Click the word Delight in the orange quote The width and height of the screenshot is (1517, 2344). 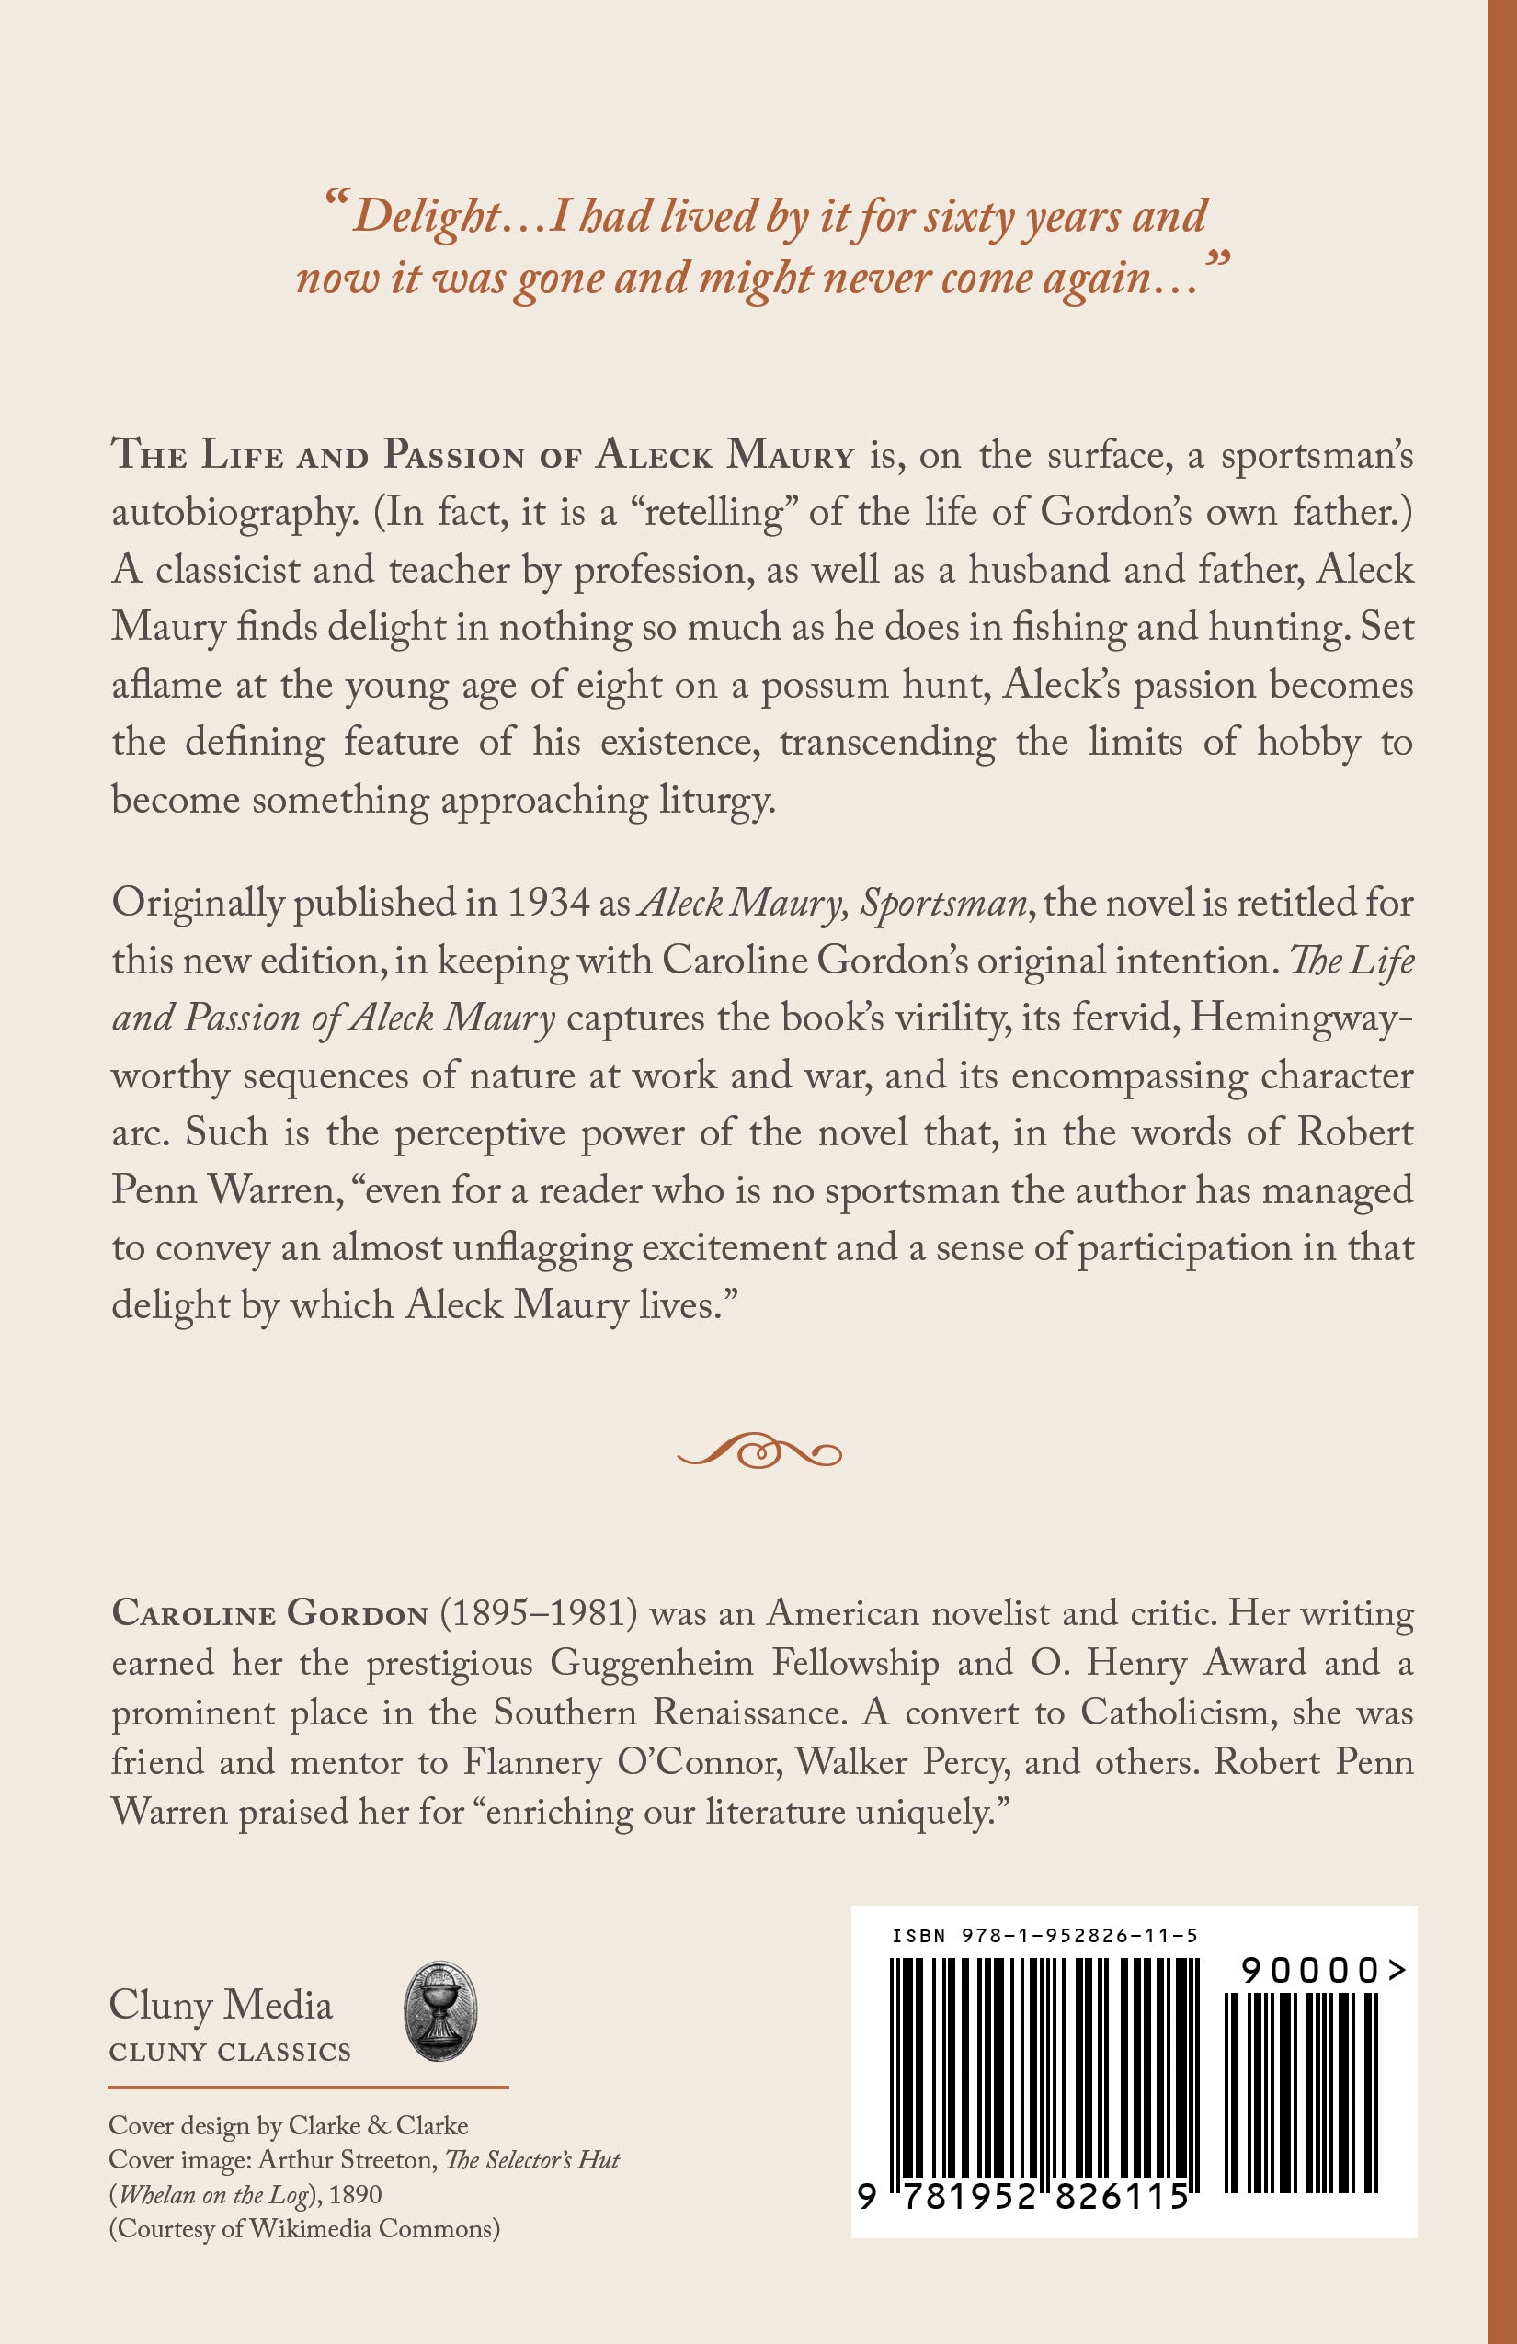click(x=427, y=218)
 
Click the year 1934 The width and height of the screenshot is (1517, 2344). click(x=548, y=903)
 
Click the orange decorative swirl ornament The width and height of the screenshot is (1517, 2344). click(x=758, y=1451)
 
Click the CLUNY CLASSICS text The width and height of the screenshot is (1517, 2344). click(x=230, y=2053)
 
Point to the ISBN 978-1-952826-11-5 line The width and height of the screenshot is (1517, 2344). click(x=1044, y=1935)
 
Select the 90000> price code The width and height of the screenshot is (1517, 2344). click(x=1323, y=1970)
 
